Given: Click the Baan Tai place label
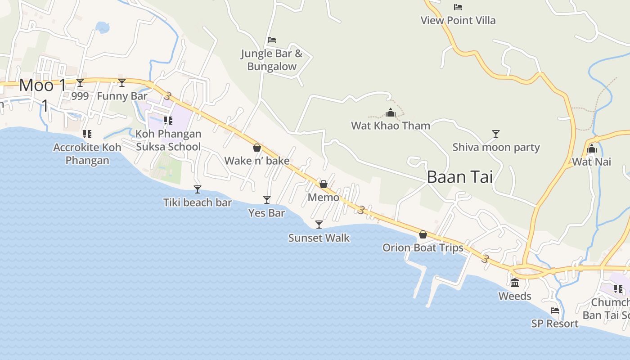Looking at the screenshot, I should pos(459,177).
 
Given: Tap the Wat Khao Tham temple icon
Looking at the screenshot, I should pos(391,112).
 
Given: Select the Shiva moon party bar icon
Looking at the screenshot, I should pos(495,134).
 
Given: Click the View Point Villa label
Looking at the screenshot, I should pos(458,20).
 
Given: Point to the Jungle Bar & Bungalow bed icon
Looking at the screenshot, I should pos(271,40).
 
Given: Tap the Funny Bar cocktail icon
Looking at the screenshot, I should pos(122,82).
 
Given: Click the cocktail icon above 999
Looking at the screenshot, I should pos(80,82).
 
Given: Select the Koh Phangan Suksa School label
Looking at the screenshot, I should pos(168,140).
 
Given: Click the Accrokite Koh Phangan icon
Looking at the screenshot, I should pos(87,134).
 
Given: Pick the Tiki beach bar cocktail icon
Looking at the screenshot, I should pos(197,189).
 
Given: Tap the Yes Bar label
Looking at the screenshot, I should pos(266,213).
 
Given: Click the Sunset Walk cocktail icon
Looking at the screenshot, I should pos(319,224).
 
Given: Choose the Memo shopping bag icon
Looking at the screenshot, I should pos(323,184).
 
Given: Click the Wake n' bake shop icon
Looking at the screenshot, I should pos(256,148).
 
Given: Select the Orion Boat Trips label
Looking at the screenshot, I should pos(423,248).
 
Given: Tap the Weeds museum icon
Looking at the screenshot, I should pos(515,283).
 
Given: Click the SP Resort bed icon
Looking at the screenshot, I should pos(554,310).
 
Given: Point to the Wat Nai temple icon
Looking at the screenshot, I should pos(591,148).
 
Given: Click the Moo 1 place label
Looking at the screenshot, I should pos(43,85).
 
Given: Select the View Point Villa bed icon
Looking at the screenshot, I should pos(458,7).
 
